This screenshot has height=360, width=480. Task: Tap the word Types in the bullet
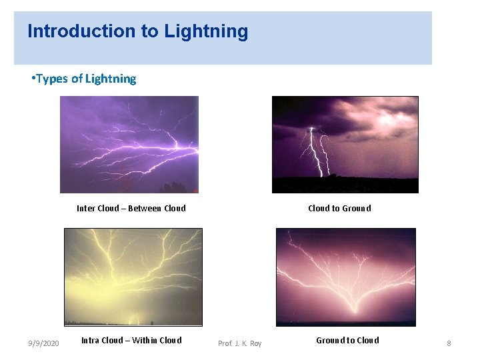[52, 79]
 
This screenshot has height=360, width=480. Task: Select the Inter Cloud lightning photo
[129, 145]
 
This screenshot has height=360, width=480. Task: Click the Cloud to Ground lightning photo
[345, 145]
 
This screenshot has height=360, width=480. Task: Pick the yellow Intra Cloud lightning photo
[133, 277]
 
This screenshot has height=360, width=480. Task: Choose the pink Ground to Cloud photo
[345, 277]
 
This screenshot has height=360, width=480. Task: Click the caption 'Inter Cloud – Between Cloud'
[131, 208]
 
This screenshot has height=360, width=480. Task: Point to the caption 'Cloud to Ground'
[339, 208]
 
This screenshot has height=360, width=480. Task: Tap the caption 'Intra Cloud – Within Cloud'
[131, 340]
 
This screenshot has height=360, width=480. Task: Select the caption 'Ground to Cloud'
[347, 340]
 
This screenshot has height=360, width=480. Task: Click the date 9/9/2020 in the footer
[43, 343]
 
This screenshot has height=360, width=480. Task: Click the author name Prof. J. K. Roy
[240, 343]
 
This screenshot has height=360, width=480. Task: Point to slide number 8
[449, 343]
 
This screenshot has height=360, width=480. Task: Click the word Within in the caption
[145, 340]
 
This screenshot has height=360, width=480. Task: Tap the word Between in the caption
[145, 208]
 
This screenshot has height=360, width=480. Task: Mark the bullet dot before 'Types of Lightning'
[33, 79]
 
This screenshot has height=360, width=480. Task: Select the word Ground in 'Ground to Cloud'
[330, 340]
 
